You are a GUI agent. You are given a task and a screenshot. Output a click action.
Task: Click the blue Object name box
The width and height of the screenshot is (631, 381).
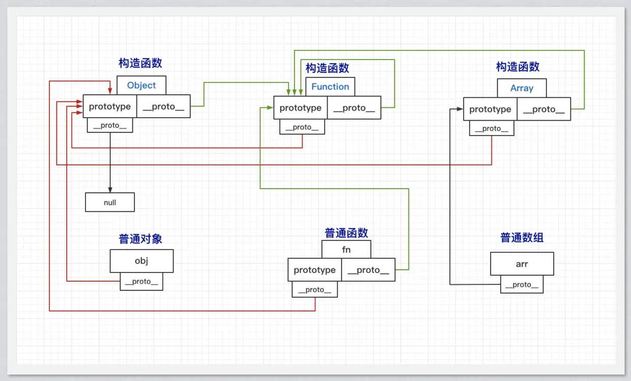point(141,85)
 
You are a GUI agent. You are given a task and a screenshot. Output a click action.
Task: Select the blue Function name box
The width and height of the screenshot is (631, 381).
point(330,87)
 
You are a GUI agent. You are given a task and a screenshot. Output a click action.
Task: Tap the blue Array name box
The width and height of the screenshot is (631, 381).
point(522,88)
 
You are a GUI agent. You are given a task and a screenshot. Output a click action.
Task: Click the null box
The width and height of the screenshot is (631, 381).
point(110,202)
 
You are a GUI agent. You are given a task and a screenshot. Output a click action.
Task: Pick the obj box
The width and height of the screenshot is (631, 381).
point(141,261)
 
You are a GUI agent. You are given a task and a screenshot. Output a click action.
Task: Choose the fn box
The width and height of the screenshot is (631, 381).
point(346,250)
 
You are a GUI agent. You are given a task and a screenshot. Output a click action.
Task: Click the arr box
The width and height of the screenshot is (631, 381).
point(522,264)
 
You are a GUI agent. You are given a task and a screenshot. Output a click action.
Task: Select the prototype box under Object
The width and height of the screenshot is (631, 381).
point(110,106)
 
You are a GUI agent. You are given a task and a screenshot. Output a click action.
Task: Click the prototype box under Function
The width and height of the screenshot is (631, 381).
point(300,108)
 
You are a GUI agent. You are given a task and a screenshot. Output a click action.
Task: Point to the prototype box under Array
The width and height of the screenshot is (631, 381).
point(490,109)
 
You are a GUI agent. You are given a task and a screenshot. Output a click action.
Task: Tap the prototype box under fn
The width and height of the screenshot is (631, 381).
point(314,270)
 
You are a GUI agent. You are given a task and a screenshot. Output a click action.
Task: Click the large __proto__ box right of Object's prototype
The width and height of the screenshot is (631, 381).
point(163,106)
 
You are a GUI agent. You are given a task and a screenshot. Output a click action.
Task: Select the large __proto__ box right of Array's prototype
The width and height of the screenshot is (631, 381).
point(543,109)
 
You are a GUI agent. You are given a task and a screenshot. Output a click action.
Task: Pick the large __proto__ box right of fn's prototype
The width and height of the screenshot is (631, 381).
point(368,270)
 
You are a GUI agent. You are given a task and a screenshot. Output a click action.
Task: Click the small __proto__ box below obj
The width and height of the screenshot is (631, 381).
point(141,282)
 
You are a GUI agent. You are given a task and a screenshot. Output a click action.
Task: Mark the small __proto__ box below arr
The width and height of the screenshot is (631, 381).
point(522,285)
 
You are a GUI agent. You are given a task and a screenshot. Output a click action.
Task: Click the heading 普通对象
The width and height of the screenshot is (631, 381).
point(140,239)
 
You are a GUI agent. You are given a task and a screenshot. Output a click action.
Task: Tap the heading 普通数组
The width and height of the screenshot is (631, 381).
point(522,238)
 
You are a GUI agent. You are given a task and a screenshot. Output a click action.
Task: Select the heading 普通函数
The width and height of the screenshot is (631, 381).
point(346,233)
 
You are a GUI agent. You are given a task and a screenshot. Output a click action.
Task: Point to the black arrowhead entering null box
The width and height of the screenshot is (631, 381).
point(110,189)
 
